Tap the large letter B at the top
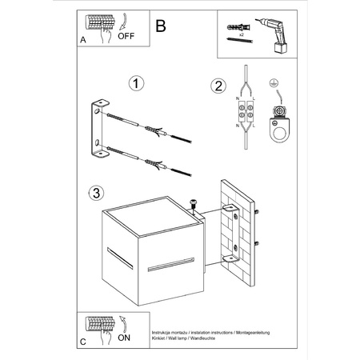click(161, 26)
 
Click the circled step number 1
click(137, 83)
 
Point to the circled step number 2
click(217, 86)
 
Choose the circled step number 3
click(95, 193)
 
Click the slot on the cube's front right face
click(171, 261)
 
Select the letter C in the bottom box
click(85, 342)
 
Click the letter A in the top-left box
click(83, 38)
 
